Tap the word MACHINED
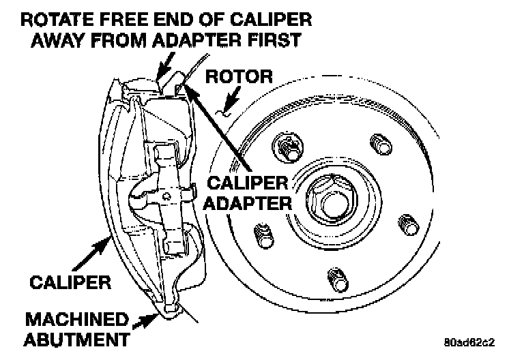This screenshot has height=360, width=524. (77, 319)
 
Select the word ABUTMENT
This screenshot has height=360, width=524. (77, 339)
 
